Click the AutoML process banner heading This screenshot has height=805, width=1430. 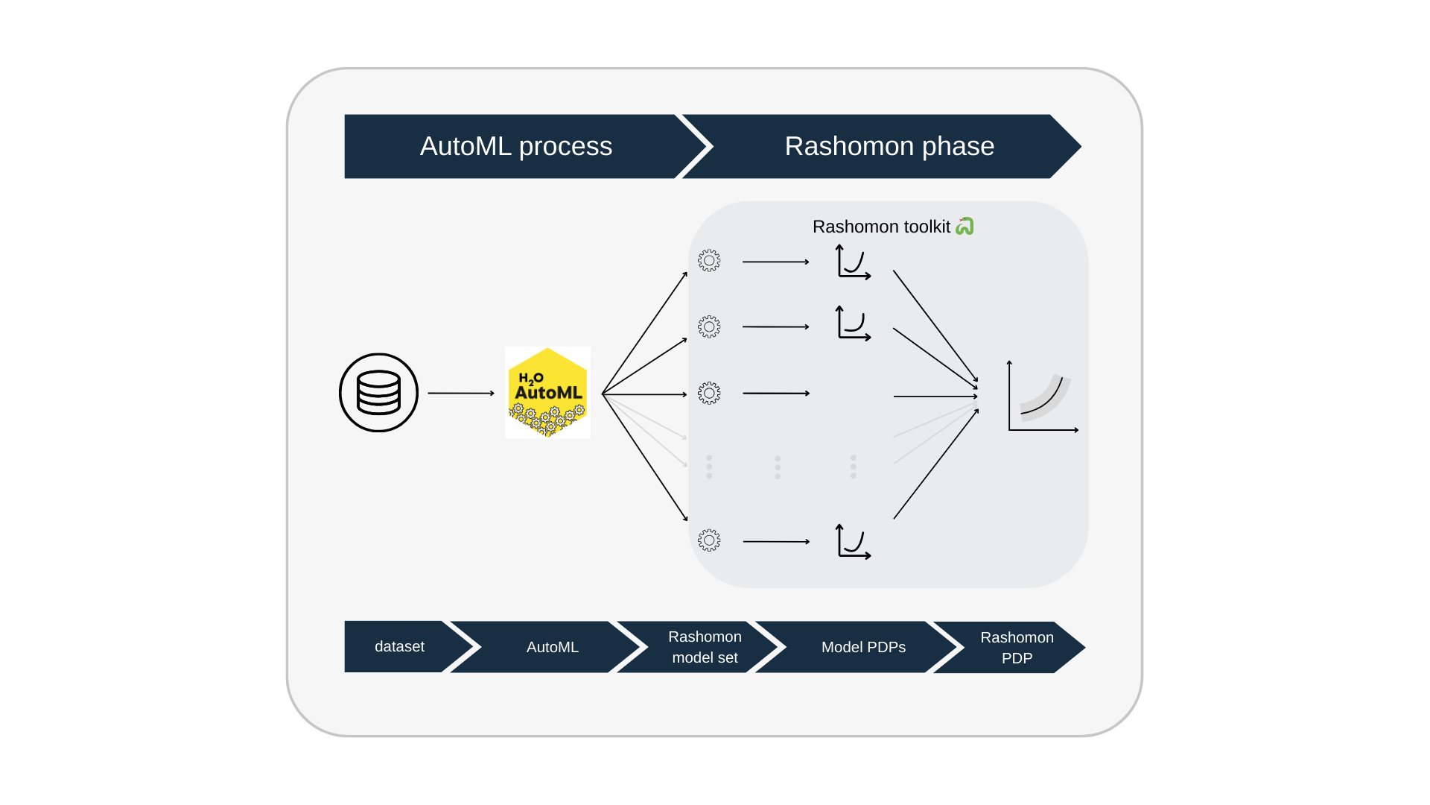(515, 146)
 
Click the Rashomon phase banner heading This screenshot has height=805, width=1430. (889, 146)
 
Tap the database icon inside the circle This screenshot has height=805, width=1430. (378, 393)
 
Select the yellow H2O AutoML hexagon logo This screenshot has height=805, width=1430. (548, 393)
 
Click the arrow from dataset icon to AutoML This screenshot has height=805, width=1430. (460, 393)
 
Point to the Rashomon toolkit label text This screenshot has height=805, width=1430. (881, 227)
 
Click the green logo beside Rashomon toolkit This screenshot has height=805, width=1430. (965, 226)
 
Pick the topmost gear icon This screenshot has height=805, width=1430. (709, 261)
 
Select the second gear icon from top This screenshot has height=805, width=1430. (709, 326)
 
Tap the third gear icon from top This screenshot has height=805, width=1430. (709, 393)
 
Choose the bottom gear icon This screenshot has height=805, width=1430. (709, 540)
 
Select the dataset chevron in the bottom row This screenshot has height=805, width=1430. (399, 647)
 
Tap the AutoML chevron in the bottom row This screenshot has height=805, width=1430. (552, 647)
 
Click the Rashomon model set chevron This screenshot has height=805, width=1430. (704, 647)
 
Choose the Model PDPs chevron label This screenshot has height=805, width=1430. (863, 647)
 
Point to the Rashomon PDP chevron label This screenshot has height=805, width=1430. (1017, 648)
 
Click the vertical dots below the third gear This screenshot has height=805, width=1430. (709, 467)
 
